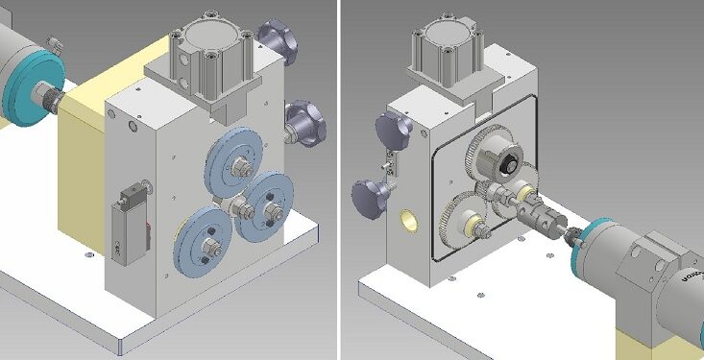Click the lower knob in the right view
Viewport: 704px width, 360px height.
(x=369, y=197)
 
